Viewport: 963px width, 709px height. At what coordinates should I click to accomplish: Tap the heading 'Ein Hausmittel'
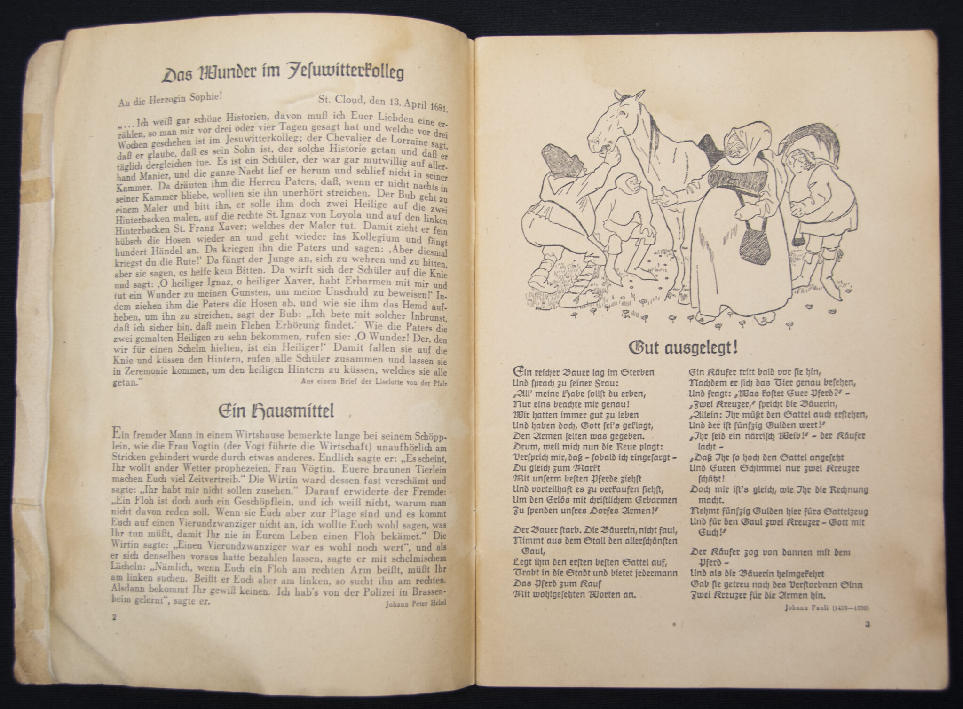[277, 411]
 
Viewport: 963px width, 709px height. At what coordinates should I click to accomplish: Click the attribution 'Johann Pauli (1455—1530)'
[827, 607]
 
